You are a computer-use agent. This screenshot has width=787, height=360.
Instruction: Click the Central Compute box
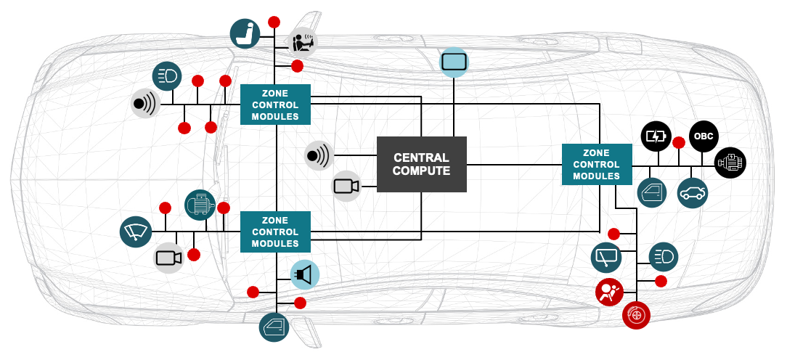[421, 164]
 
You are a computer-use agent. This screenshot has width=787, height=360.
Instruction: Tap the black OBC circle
[703, 136]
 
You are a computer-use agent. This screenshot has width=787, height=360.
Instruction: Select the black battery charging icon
[656, 136]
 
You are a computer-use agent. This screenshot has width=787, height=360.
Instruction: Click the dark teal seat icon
[245, 33]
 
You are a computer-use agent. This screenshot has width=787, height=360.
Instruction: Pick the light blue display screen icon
[454, 62]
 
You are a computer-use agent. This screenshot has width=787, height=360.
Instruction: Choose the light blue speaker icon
[305, 274]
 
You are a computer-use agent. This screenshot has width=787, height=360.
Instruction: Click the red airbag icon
[608, 292]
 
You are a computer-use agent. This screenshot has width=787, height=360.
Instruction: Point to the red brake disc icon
[637, 314]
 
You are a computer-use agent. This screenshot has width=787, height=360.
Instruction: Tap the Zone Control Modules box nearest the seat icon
[276, 105]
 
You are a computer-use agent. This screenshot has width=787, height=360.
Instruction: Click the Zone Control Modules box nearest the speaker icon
[276, 232]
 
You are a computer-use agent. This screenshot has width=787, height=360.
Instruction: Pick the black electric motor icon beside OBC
[730, 162]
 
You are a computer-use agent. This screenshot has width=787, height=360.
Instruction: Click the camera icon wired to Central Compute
[346, 186]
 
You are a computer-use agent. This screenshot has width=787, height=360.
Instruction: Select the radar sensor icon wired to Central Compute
[318, 155]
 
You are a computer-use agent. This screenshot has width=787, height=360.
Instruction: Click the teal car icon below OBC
[692, 193]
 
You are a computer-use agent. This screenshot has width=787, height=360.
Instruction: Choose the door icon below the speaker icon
[274, 327]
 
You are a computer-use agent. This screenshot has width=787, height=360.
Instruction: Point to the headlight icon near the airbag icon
[663, 255]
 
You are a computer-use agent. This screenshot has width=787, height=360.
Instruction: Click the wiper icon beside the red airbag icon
[607, 256]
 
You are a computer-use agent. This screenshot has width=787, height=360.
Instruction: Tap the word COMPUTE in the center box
[421, 171]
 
